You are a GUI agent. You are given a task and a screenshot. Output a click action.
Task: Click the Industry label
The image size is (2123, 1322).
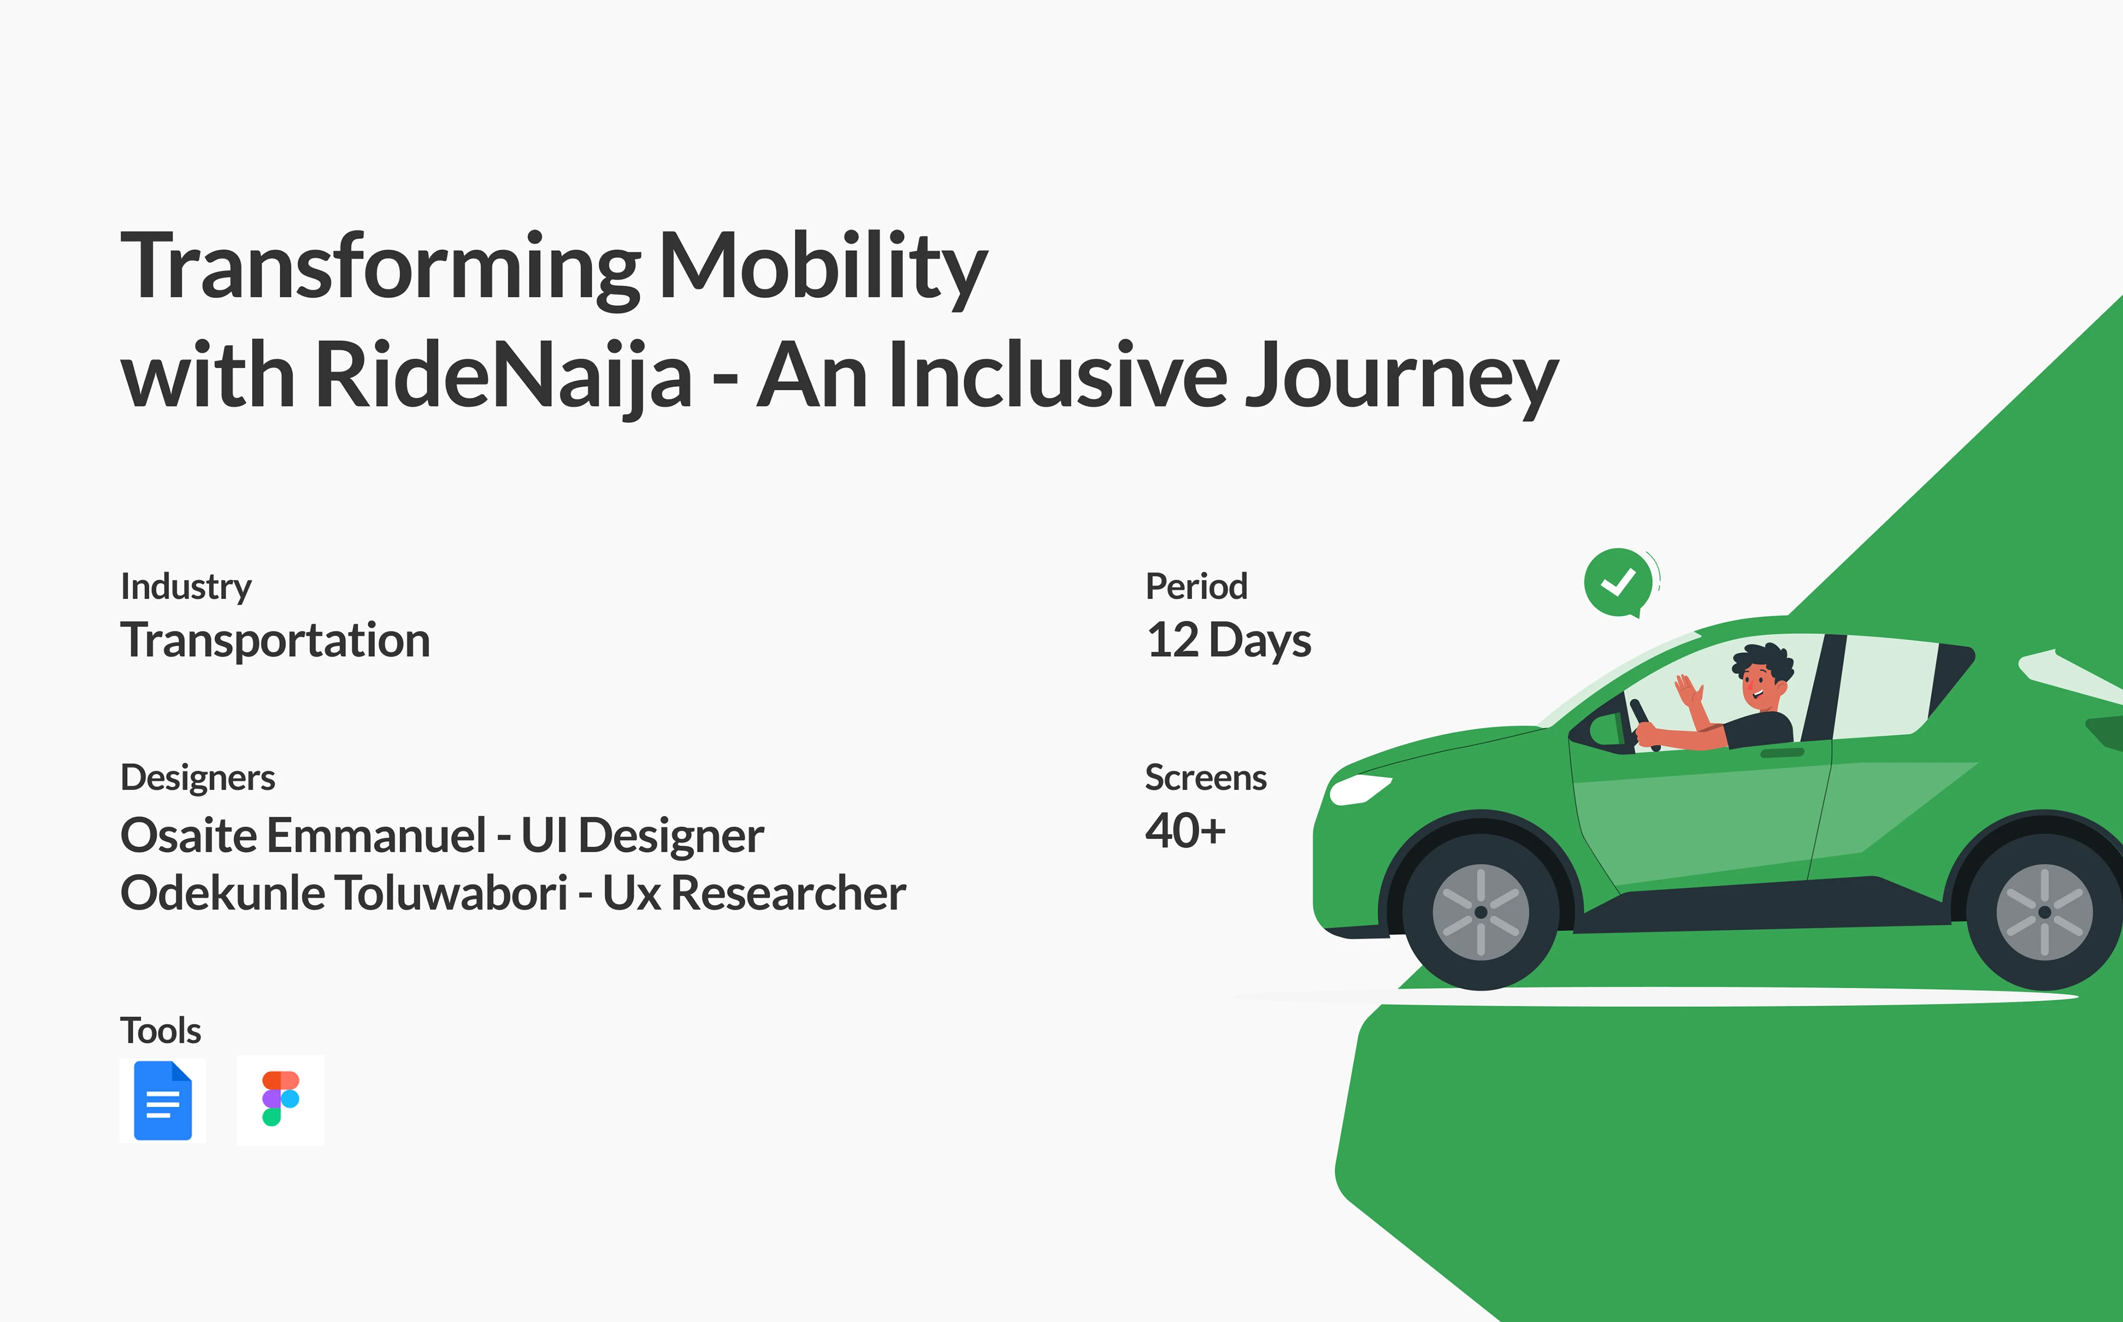point(186,587)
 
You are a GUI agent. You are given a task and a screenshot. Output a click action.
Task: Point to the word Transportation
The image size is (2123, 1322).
point(275,640)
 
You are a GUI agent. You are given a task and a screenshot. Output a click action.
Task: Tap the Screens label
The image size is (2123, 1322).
point(1206,777)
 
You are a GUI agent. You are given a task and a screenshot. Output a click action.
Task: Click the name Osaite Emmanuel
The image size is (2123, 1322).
point(304,835)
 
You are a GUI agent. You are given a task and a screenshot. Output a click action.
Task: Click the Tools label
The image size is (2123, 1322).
point(161,1031)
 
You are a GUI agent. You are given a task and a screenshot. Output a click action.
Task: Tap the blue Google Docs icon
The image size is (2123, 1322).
point(163,1100)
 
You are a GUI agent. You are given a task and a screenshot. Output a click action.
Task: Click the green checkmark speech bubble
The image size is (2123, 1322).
point(1619,583)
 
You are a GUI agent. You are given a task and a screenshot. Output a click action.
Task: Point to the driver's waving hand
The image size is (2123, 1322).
point(1690,691)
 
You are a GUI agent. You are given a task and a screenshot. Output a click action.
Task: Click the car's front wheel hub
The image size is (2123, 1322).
point(1481,912)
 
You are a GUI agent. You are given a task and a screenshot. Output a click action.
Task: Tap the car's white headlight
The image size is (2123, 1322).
point(1359,789)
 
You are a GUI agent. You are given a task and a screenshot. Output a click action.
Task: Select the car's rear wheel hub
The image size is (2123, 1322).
point(2044,912)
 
